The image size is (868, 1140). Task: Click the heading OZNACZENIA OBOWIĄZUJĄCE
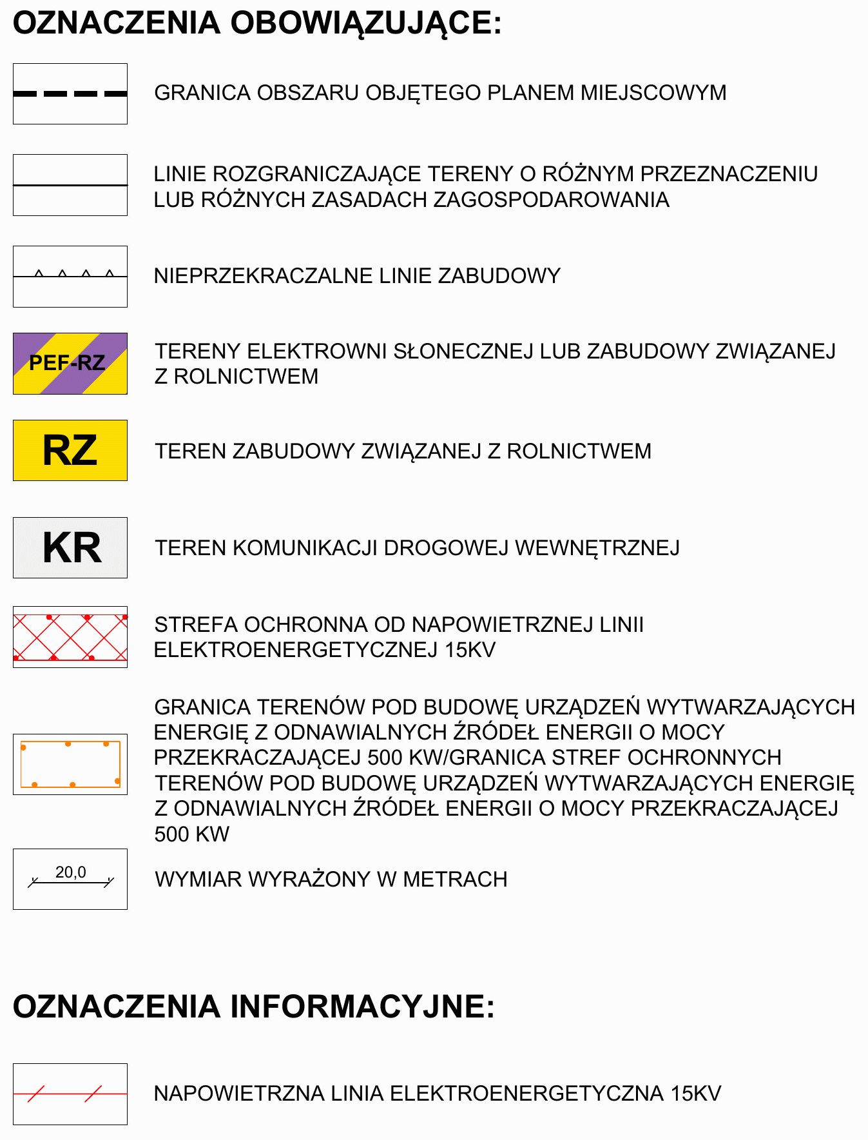[x=256, y=24]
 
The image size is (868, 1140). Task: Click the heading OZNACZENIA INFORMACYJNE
[x=253, y=1007]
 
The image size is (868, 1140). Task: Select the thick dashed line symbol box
[x=70, y=94]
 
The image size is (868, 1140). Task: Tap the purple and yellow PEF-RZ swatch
[x=70, y=364]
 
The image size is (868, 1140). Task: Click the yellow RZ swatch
[x=70, y=450]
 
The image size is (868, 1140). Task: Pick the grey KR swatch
[x=70, y=547]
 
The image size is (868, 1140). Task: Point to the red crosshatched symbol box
[x=70, y=637]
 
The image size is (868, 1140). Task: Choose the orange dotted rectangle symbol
[x=70, y=764]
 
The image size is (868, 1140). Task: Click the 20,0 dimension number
[x=71, y=872]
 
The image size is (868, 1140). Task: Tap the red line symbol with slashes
[x=70, y=1094]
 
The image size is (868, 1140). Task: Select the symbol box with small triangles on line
[x=70, y=276]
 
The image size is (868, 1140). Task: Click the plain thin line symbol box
[x=70, y=185]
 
